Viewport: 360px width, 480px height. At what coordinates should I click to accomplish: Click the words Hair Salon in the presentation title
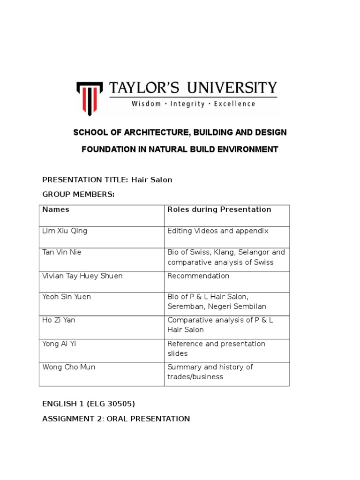[152, 180]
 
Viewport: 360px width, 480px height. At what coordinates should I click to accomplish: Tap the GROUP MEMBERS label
[78, 195]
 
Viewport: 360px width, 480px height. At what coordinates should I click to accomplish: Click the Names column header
[56, 210]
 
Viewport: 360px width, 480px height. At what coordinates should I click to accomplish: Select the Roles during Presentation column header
[219, 210]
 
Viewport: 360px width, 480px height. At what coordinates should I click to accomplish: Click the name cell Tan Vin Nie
[62, 252]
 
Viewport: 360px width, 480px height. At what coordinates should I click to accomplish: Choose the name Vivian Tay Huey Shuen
[82, 276]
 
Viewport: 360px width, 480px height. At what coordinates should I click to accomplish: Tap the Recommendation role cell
[198, 276]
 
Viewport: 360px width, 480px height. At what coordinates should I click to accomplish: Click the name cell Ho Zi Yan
[58, 320]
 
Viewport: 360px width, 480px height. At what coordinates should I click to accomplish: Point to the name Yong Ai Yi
[59, 344]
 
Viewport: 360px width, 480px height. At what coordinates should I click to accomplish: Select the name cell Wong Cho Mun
[68, 367]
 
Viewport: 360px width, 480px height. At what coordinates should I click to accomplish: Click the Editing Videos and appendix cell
[218, 231]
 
